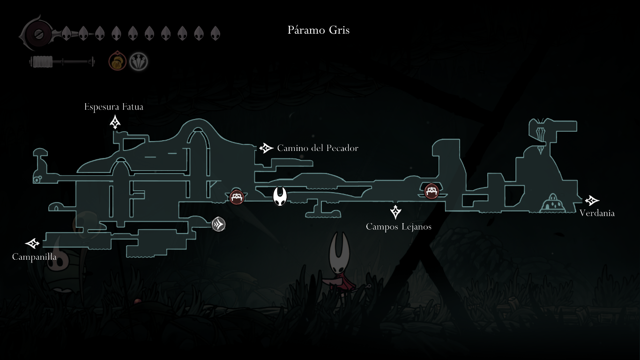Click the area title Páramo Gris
point(319,30)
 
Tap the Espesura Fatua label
point(114,107)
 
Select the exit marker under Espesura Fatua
point(115,122)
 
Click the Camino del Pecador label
point(318,148)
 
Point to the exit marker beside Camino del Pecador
point(266,148)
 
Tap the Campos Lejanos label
point(398,227)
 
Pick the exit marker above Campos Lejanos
point(396,212)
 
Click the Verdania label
point(597,213)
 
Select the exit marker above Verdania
point(592,201)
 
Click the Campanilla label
point(34,257)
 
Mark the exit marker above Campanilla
point(32,243)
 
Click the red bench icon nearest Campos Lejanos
point(432,191)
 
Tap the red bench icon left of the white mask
point(237,197)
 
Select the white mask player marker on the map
point(280,196)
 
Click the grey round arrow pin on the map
point(218,225)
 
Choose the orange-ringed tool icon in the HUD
point(117,61)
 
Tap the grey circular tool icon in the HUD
point(139,61)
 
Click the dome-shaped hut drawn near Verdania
point(554,203)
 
